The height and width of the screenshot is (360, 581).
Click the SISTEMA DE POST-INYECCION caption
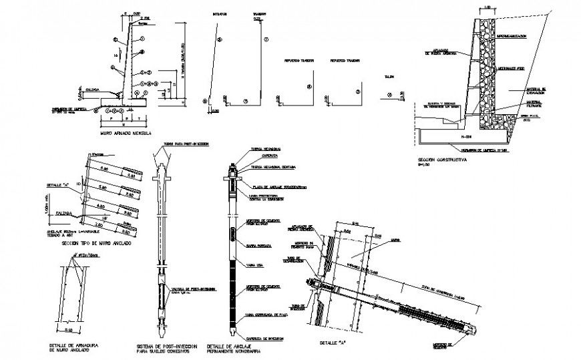pyautogui.click(x=165, y=347)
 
